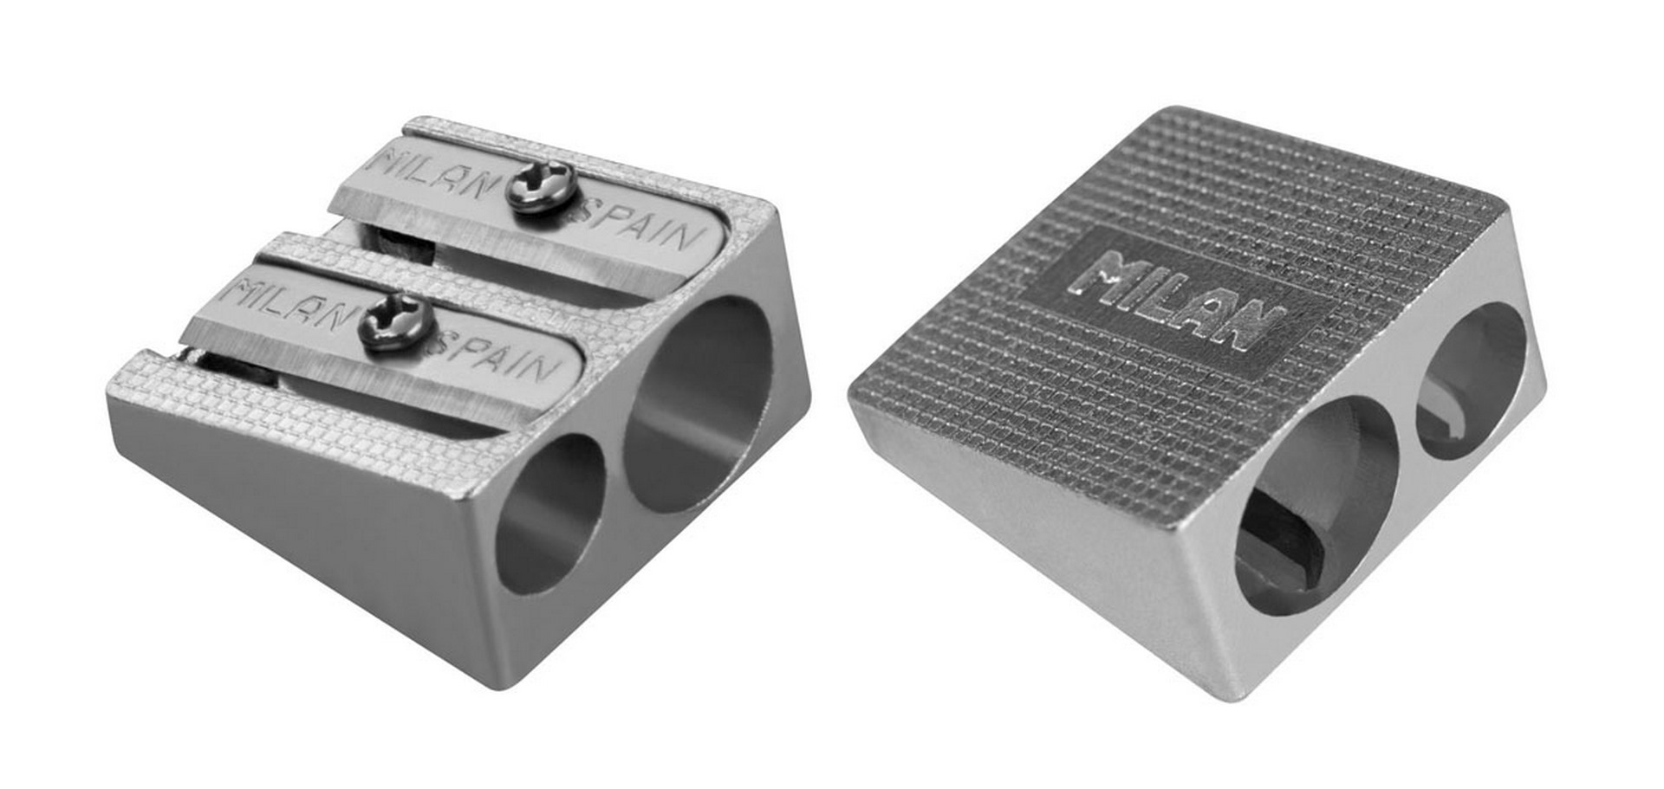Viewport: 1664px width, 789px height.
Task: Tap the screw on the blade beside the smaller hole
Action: tap(395, 321)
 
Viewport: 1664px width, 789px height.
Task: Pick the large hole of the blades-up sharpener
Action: tap(699, 404)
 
